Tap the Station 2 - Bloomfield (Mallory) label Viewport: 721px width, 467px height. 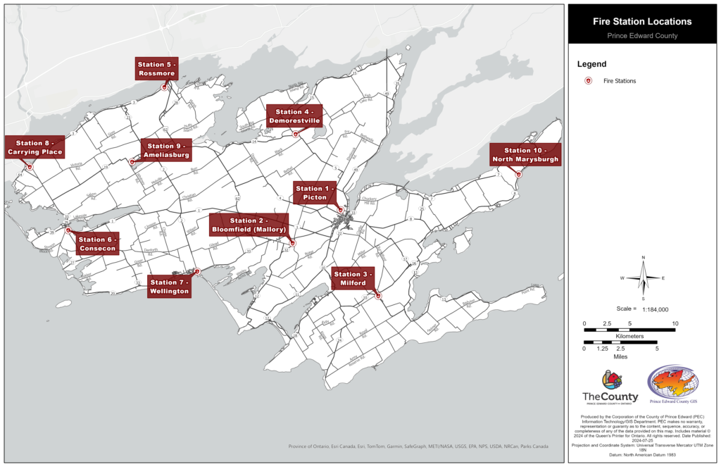tap(249, 225)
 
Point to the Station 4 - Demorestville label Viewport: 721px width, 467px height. tap(294, 116)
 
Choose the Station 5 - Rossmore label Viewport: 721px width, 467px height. tap(156, 69)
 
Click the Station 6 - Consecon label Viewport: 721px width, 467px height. tap(97, 244)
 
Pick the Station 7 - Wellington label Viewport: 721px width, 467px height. tap(169, 287)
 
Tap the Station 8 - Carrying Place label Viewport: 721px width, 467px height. tap(35, 147)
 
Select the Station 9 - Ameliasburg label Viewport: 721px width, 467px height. tap(166, 151)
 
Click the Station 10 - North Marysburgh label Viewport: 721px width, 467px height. tap(525, 155)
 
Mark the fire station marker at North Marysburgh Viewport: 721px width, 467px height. tap(518, 174)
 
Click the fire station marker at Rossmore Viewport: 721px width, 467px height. tap(164, 87)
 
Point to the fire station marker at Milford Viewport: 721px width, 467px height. tap(379, 296)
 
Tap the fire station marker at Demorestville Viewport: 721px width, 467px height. tap(296, 134)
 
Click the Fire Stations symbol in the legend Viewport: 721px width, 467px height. tap(588, 81)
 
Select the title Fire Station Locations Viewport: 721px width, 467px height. tap(641, 22)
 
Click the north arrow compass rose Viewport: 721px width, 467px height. tap(643, 278)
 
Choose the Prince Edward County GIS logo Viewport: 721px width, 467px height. tap(674, 385)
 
